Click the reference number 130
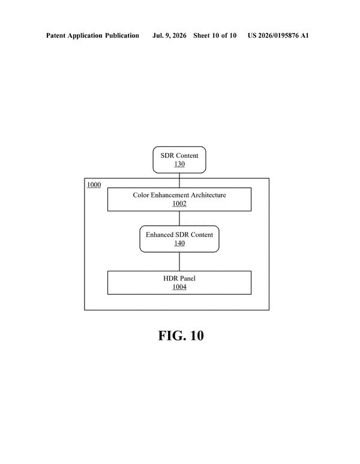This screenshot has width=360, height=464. click(179, 164)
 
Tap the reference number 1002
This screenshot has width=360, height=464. click(179, 203)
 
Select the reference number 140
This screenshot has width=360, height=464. click(179, 243)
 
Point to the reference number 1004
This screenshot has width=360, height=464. click(179, 287)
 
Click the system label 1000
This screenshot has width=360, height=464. click(94, 185)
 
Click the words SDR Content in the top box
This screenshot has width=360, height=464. click(179, 155)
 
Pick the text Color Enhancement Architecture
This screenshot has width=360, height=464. click(179, 195)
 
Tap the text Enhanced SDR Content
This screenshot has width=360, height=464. click(179, 235)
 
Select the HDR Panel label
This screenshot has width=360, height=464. click(179, 279)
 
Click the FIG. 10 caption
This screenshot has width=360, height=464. click(181, 336)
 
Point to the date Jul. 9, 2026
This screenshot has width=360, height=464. click(169, 35)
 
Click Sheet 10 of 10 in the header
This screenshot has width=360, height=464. click(215, 35)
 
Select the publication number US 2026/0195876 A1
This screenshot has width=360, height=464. click(278, 35)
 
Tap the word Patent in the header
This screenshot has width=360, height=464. click(56, 35)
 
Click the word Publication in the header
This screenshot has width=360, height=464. click(122, 35)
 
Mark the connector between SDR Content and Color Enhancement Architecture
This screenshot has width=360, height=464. click(179, 180)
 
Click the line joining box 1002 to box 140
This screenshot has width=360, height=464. click(179, 218)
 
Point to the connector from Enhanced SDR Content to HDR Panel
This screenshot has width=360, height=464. click(179, 262)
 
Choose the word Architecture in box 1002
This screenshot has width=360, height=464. click(208, 195)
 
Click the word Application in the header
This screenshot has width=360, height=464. click(85, 36)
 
